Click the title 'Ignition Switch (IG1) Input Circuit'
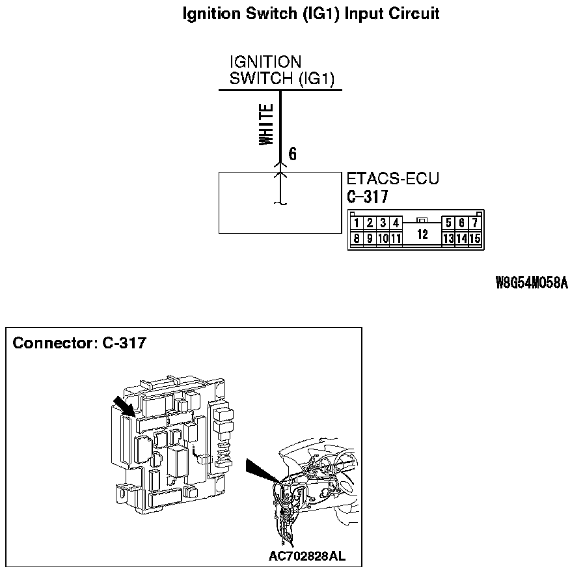[x=311, y=13]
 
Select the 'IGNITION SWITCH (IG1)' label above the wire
[x=281, y=70]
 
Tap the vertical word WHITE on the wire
[x=266, y=126]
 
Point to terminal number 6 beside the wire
[x=293, y=154]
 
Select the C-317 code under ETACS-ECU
[x=368, y=197]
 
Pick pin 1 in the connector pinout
[x=357, y=223]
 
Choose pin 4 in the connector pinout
[x=395, y=223]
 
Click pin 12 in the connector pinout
[x=422, y=234]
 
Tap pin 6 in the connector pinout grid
[x=462, y=223]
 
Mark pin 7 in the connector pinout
[x=475, y=223]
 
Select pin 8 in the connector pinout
[x=357, y=239]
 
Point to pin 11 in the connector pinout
[x=396, y=239]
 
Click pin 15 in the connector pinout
[x=475, y=239]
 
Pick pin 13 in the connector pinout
[x=448, y=239]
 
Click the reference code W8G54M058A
[x=532, y=283]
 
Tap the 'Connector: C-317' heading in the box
[x=79, y=343]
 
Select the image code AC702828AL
[x=307, y=556]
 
